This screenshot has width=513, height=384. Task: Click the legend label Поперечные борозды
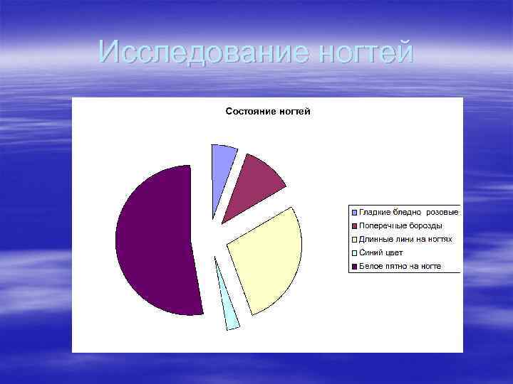tap(400, 225)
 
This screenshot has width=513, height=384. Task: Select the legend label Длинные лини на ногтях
tap(405, 239)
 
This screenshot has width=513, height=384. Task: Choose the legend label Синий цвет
tap(381, 252)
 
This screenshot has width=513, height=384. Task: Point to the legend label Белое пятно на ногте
tap(400, 266)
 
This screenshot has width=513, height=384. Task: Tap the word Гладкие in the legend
tap(374, 212)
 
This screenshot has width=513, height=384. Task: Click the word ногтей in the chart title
tap(294, 112)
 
